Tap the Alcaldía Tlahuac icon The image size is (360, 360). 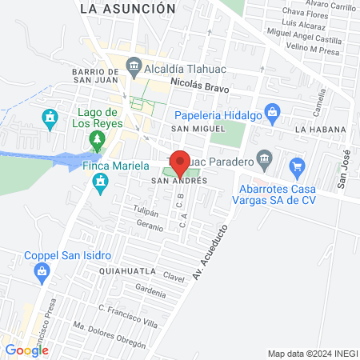[x=134, y=68]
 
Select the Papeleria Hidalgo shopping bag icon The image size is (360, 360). [x=273, y=112]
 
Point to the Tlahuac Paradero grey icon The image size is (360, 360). [x=263, y=156]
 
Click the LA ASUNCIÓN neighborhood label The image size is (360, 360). [x=128, y=8]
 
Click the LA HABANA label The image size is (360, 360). [x=320, y=129]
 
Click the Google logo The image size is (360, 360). [x=26, y=350]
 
